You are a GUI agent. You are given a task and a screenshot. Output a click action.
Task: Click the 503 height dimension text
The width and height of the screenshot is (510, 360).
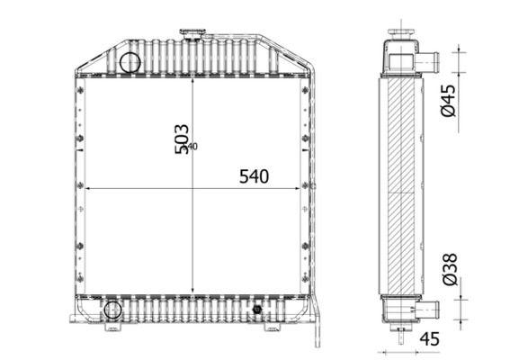[181, 138]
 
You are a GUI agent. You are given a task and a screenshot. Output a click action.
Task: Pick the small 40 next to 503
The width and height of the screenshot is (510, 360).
[192, 146]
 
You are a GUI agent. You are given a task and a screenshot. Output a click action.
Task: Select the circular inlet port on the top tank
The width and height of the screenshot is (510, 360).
[130, 63]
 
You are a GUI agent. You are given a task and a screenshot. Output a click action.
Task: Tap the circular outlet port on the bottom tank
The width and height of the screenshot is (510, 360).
[112, 310]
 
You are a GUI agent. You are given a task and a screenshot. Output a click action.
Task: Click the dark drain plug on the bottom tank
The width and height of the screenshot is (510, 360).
[258, 310]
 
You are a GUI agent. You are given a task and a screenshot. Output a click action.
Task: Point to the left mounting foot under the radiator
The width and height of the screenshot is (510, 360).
[112, 327]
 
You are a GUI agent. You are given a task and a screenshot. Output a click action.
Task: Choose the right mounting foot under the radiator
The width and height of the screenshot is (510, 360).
[271, 326]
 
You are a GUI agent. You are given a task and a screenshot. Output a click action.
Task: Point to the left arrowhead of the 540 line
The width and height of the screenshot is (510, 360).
[86, 188]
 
